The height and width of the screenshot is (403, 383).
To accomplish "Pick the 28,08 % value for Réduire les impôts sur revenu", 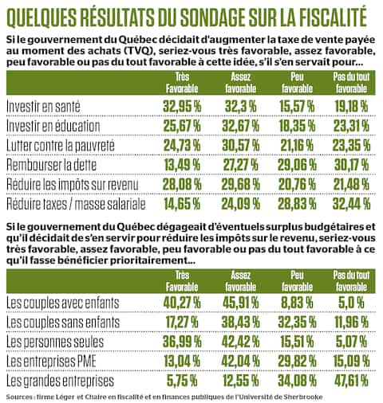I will [x=180, y=186].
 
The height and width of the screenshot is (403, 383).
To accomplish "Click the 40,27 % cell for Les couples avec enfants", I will [x=180, y=302].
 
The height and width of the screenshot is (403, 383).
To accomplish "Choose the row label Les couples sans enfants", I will [x=64, y=322].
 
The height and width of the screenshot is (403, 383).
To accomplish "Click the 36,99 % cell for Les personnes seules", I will [x=180, y=342].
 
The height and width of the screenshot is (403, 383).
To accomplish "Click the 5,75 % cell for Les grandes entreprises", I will [x=180, y=381].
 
